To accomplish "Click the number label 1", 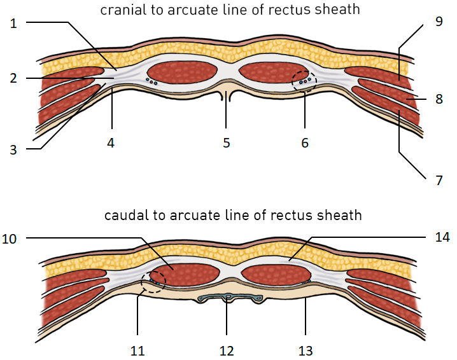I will tap(13, 23).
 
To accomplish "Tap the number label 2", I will tap(13, 79).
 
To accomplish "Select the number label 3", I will tap(13, 150).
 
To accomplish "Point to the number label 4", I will tap(111, 143).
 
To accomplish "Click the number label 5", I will tap(227, 143).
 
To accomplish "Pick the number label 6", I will tap(305, 143).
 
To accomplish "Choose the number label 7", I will tap(439, 180).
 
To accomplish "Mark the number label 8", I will tap(439, 99).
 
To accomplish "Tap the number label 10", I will tap(13, 239).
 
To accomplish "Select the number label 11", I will tap(138, 350).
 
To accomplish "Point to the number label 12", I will tap(227, 350).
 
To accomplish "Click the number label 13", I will tap(305, 350).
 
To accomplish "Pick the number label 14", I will tap(442, 237).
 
